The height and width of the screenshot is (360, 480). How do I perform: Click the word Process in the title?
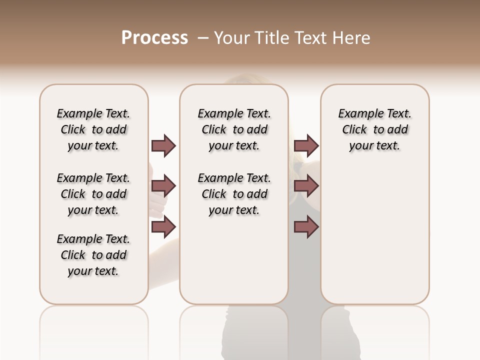tap(154, 38)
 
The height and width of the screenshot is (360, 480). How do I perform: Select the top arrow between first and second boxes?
tap(164, 145)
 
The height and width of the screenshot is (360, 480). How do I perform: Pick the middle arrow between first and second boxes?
tap(164, 186)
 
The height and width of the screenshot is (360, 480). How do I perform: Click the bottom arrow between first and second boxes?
tap(164, 227)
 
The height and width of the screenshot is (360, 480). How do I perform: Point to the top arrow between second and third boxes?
tap(306, 145)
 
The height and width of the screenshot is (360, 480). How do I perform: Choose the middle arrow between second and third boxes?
tap(306, 186)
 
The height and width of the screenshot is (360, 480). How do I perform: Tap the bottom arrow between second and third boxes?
tap(306, 227)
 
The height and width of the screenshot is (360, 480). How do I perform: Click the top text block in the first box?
tap(93, 129)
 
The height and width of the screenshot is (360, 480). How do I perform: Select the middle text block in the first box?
tap(93, 194)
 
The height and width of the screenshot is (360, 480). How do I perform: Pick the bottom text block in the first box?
tap(93, 255)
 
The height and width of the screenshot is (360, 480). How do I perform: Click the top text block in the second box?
tap(234, 129)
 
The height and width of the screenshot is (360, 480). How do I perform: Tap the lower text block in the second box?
tap(234, 194)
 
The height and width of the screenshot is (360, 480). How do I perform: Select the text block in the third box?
tap(374, 129)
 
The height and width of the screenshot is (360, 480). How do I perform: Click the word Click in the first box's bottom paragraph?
tap(73, 255)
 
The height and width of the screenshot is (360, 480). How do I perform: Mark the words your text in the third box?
tap(374, 146)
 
